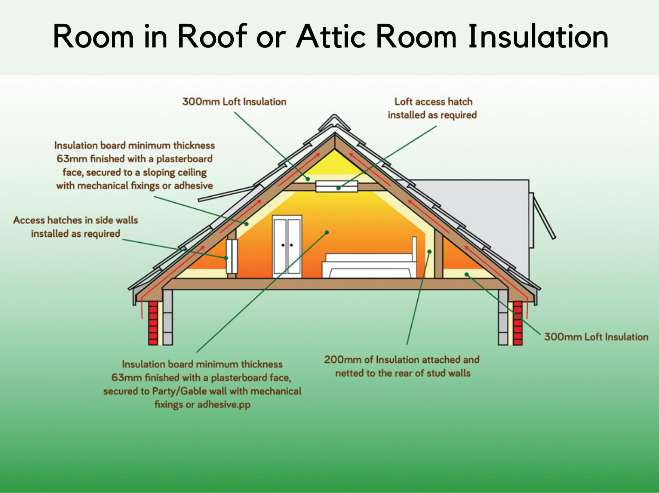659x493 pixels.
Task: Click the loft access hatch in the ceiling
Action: pos(337,187)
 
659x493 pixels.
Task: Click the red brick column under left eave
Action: pos(153,323)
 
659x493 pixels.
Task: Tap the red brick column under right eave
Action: pos(517,323)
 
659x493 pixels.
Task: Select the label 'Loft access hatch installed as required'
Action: pos(432,108)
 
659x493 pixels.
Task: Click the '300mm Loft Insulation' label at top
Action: pos(234,101)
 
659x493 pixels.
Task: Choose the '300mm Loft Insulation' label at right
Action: pos(596,337)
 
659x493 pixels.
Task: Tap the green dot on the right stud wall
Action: pos(429,252)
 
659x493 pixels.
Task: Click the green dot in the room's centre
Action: pos(327,232)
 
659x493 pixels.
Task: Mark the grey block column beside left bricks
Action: pos(168,316)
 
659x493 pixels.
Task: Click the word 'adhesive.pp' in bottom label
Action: pos(224,404)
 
